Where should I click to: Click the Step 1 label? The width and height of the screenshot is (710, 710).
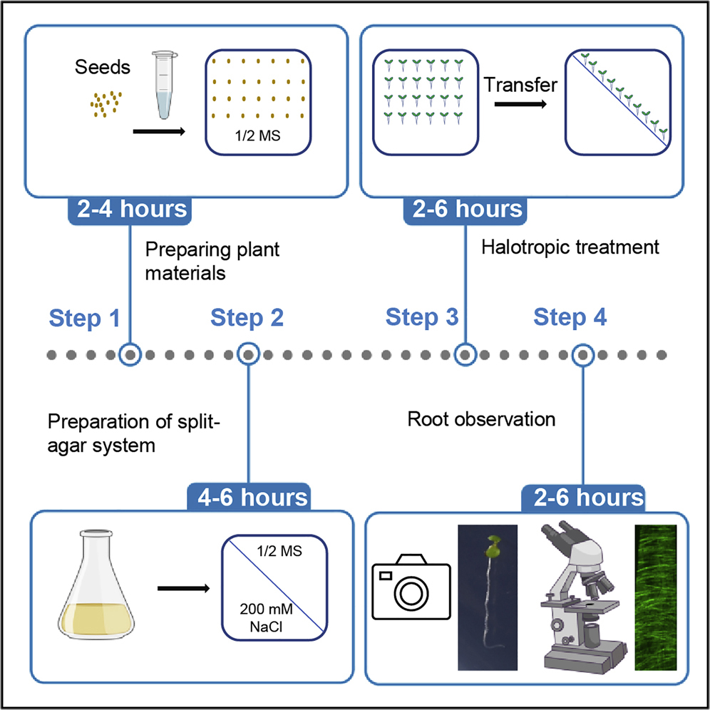coord(84,318)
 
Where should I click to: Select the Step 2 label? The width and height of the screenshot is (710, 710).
coord(247,318)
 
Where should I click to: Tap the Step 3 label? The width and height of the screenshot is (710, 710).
coord(422,318)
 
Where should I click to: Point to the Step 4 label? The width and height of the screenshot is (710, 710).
coord(570,318)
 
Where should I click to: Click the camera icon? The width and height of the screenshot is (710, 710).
coord(411,582)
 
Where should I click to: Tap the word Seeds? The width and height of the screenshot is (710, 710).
coord(102,69)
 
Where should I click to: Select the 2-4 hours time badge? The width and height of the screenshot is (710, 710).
coord(128,210)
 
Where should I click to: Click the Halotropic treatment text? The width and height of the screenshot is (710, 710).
coord(570,248)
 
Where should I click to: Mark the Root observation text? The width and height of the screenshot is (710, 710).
coord(481,419)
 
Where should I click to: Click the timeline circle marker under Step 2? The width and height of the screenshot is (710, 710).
coord(247,353)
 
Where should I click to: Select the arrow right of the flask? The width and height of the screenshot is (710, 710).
coord(184,589)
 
